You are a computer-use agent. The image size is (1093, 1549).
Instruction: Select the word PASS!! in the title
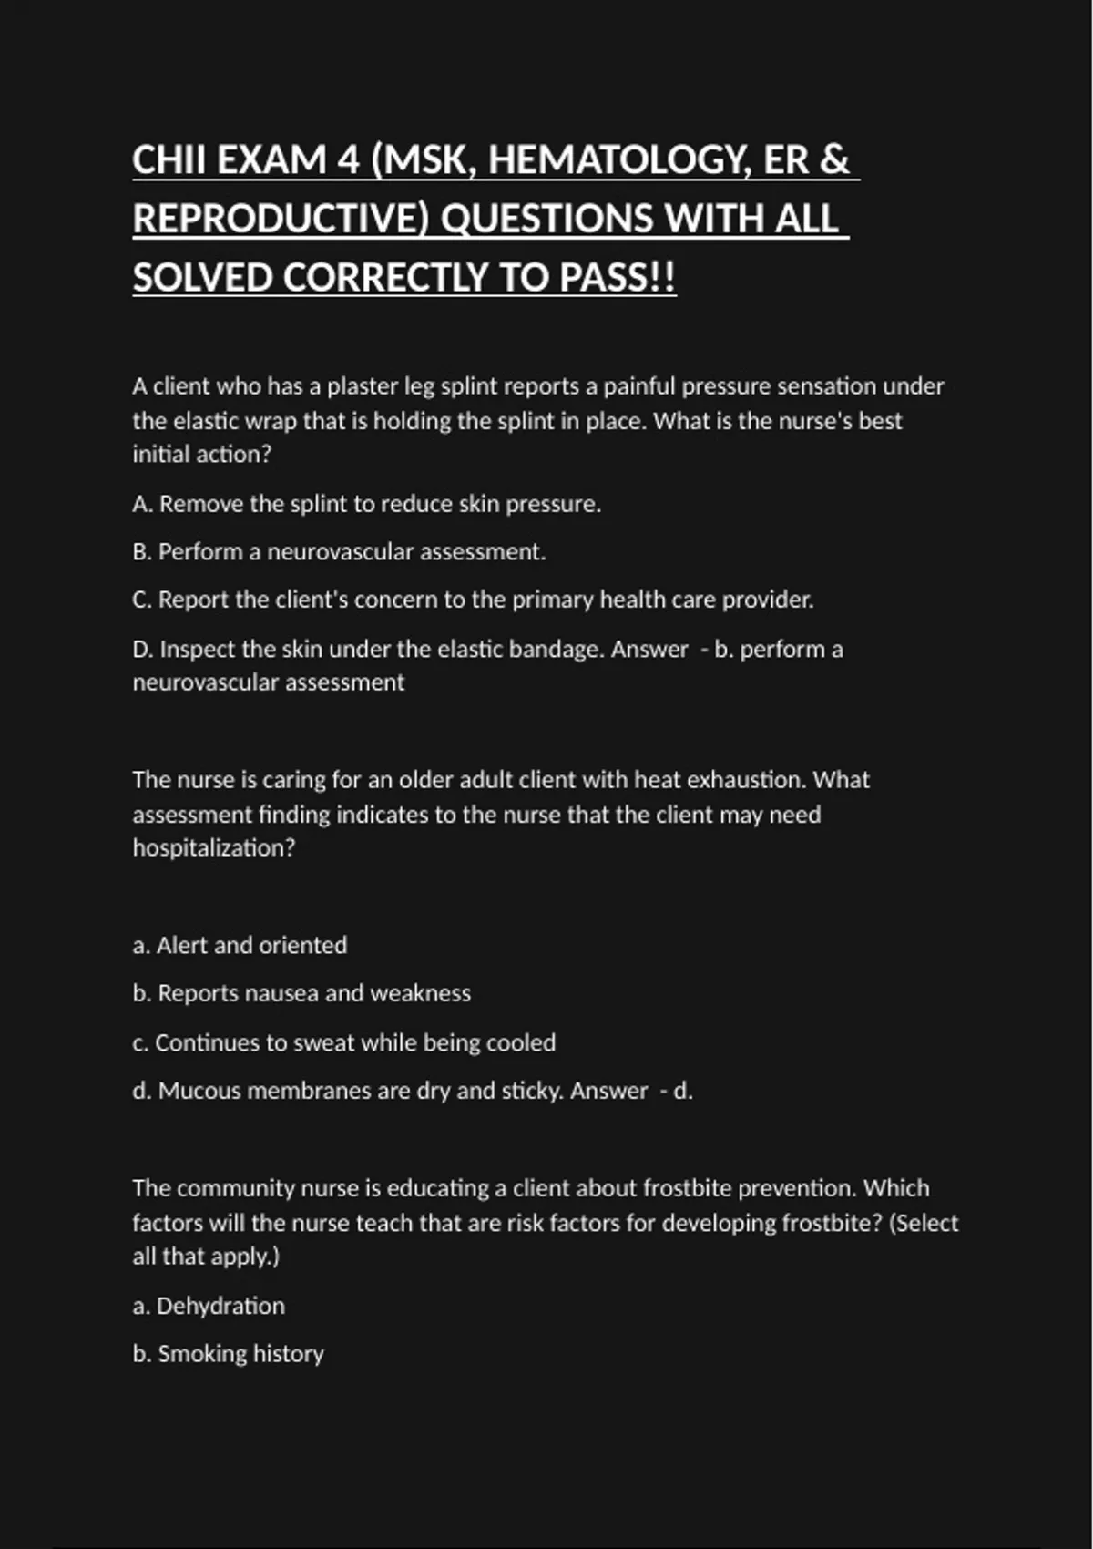618,278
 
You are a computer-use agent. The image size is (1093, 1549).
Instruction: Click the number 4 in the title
348,160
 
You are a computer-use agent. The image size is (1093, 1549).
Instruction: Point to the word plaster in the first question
363,386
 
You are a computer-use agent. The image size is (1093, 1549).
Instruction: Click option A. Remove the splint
366,504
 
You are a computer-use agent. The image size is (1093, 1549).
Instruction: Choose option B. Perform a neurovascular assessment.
339,552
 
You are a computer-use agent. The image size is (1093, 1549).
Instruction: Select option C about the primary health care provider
473,600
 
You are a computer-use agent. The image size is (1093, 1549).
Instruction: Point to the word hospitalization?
214,848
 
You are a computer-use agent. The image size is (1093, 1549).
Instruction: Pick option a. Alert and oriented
240,946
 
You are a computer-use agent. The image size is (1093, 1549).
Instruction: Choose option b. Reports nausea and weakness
301,993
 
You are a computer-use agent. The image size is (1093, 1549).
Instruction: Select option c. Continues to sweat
343,1042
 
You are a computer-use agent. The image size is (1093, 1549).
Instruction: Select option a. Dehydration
209,1306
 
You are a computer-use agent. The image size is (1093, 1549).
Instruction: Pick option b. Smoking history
228,1354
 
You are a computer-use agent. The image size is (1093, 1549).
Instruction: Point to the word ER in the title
786,160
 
